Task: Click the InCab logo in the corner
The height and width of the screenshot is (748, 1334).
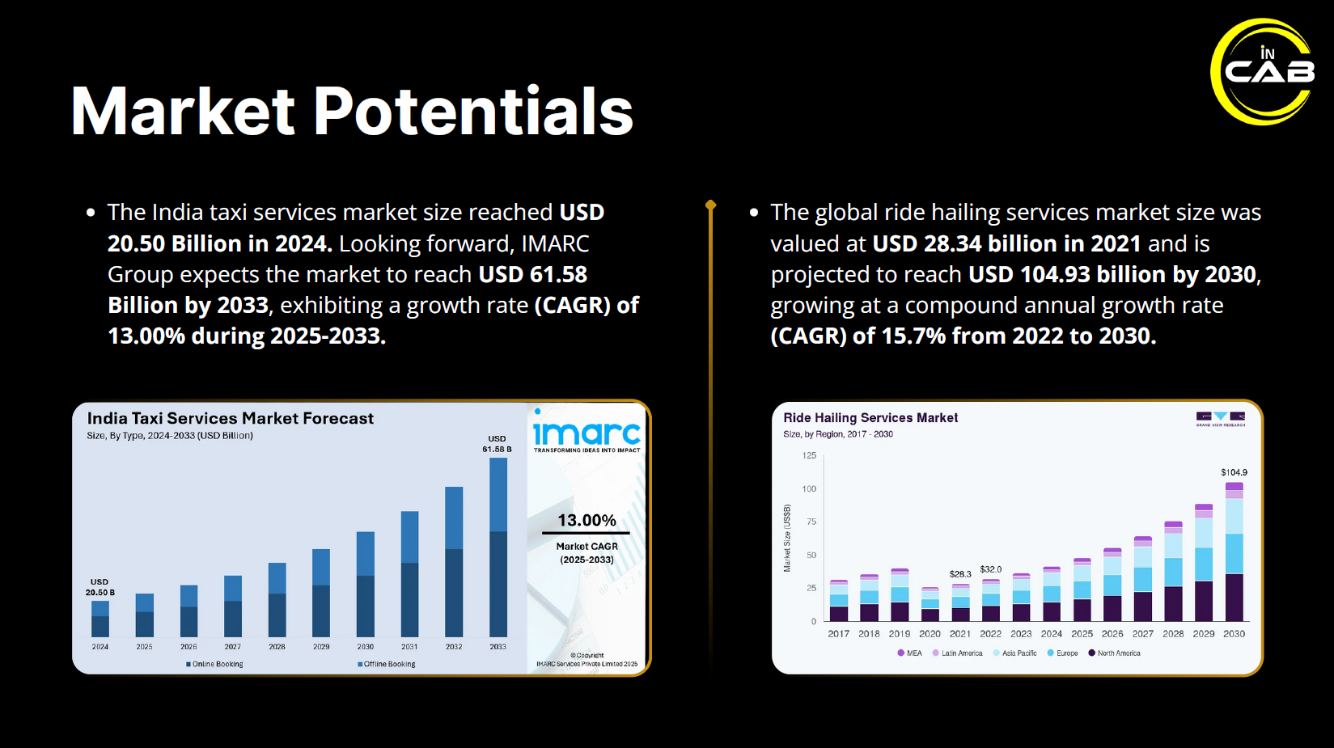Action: click(x=1264, y=71)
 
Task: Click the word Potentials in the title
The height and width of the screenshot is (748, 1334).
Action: click(x=472, y=112)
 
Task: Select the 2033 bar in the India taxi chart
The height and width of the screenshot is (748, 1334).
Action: click(x=498, y=547)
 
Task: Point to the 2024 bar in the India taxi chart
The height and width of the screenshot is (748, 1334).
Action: click(x=100, y=619)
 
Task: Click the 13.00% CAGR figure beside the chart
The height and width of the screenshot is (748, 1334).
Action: click(x=587, y=521)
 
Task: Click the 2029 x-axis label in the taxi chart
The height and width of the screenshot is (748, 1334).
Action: click(x=321, y=647)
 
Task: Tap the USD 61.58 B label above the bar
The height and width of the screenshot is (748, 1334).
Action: click(x=497, y=444)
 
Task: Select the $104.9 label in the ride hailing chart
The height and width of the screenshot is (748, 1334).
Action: click(x=1234, y=472)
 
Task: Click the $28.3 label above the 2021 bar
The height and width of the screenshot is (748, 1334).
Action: click(x=960, y=574)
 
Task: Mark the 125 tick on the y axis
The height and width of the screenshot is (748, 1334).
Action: click(x=809, y=455)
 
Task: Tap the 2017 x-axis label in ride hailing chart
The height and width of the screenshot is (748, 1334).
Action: click(x=839, y=634)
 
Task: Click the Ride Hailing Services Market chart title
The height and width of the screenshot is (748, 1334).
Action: click(x=870, y=418)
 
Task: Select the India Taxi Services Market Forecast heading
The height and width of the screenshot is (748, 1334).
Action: click(x=231, y=418)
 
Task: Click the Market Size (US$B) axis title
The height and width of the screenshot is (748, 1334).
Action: click(x=787, y=539)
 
